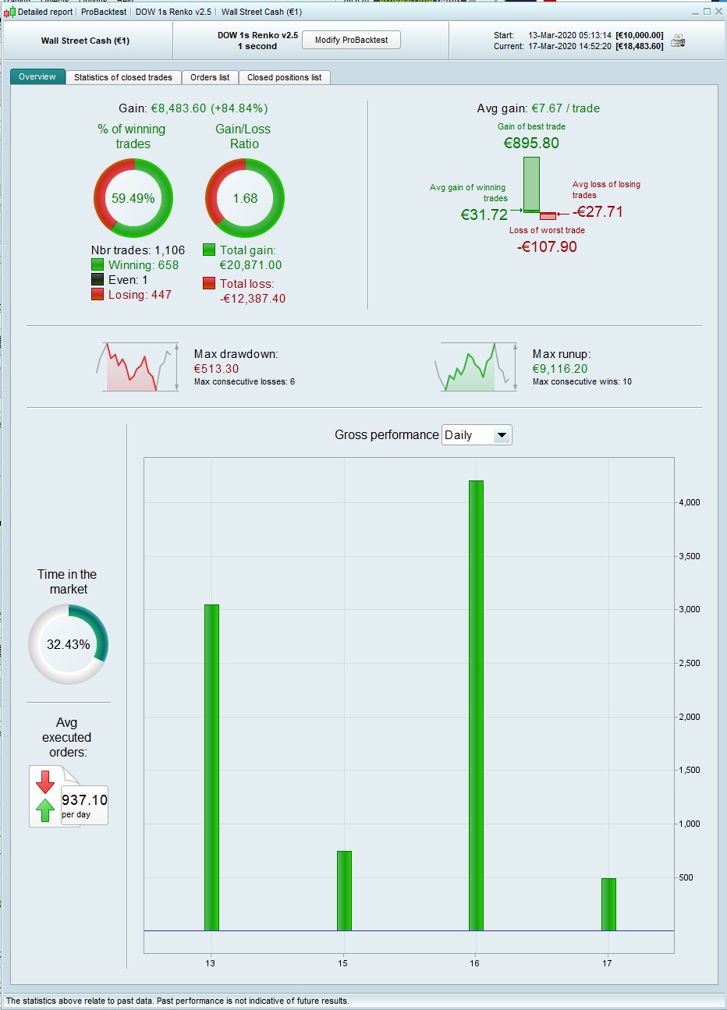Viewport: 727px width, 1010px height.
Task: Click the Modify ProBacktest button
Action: click(x=351, y=40)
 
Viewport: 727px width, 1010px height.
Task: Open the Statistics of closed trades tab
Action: click(x=123, y=77)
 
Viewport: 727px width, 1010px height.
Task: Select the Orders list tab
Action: click(x=210, y=77)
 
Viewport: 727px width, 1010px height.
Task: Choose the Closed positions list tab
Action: click(x=284, y=77)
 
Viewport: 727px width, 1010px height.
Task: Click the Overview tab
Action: click(x=37, y=76)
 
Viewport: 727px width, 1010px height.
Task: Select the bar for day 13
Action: click(x=211, y=767)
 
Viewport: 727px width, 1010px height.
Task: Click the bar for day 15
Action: click(x=344, y=891)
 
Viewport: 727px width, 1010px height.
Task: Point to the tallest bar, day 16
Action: click(x=476, y=705)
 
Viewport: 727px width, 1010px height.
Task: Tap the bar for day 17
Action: click(x=608, y=904)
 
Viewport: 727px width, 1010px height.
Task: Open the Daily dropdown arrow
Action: click(x=502, y=435)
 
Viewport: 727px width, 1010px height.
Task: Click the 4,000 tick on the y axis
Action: click(x=690, y=502)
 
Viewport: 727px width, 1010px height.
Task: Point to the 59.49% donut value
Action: click(x=133, y=198)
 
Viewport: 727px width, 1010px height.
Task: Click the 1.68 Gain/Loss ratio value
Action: click(x=245, y=198)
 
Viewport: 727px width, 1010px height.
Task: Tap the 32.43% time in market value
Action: click(x=69, y=644)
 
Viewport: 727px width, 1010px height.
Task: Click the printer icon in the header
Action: click(x=678, y=41)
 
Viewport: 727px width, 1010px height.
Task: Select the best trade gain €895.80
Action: click(x=531, y=143)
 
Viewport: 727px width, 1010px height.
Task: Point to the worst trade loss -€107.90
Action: click(x=547, y=246)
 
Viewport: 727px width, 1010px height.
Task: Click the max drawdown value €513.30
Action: click(x=217, y=368)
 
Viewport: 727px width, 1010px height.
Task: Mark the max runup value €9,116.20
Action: click(x=560, y=368)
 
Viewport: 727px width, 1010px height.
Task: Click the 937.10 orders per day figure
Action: click(x=85, y=799)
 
